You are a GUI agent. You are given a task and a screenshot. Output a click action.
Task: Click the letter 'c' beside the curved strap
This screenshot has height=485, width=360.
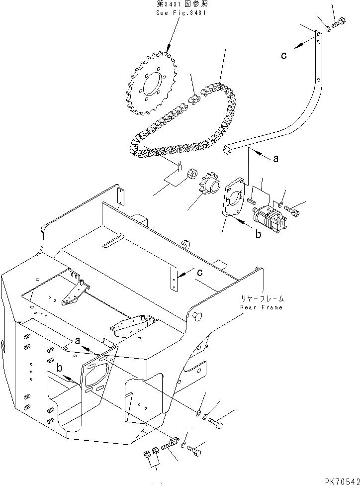[283, 56]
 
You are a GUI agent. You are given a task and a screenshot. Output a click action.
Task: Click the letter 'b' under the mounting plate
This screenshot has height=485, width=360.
[258, 235]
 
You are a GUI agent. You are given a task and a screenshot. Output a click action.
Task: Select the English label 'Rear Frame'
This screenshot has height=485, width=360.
[261, 307]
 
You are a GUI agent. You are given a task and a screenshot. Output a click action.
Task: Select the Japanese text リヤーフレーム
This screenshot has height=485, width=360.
[262, 298]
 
